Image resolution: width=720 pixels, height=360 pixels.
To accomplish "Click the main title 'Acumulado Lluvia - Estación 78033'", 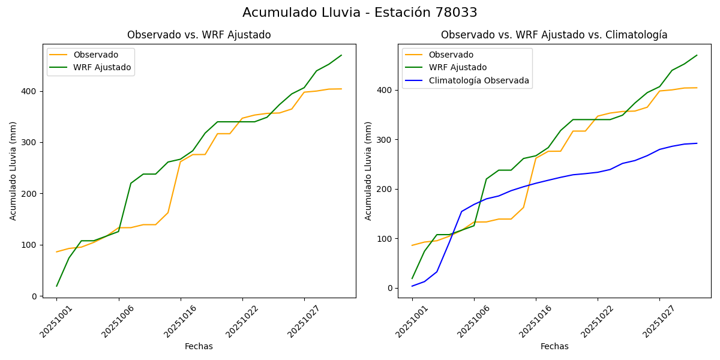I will pos(360,13).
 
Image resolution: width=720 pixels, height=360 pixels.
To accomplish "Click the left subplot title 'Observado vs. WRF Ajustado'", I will pos(199,35).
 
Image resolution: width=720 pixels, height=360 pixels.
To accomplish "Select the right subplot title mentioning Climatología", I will pos(554,35).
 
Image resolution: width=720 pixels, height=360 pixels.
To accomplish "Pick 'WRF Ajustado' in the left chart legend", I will pos(102,67).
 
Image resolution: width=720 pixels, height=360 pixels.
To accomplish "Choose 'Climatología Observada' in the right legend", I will pos(479,80).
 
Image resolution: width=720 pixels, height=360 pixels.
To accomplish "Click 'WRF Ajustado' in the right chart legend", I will pos(457,67).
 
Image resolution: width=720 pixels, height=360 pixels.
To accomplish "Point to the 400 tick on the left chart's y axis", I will pos(31,91).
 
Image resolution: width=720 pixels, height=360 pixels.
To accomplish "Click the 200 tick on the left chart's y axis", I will pos(31,194).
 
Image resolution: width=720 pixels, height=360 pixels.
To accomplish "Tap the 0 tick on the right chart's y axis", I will pos(391,288).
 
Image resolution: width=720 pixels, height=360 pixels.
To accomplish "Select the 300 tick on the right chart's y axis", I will pos(386,140).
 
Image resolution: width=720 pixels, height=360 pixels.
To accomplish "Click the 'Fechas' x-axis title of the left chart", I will pos(199,346).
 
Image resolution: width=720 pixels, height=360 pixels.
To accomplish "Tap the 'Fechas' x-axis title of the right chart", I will pos(554,346).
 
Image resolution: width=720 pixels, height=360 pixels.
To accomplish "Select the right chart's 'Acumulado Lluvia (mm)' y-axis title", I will pos(368,170).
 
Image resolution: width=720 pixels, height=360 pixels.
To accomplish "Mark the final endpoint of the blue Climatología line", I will pos(697,143).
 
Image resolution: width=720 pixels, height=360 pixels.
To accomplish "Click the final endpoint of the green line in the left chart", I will pos(341,55).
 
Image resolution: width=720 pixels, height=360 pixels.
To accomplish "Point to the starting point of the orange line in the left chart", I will pos(56,252).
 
